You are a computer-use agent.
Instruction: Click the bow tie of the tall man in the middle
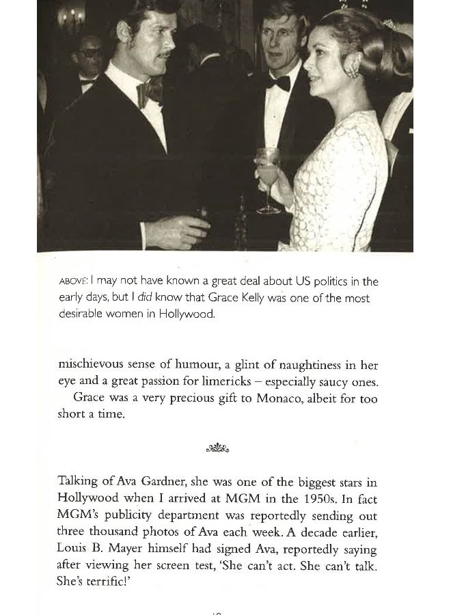(277, 83)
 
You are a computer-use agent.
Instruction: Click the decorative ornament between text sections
(217, 448)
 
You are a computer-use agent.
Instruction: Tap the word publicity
(145, 517)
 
